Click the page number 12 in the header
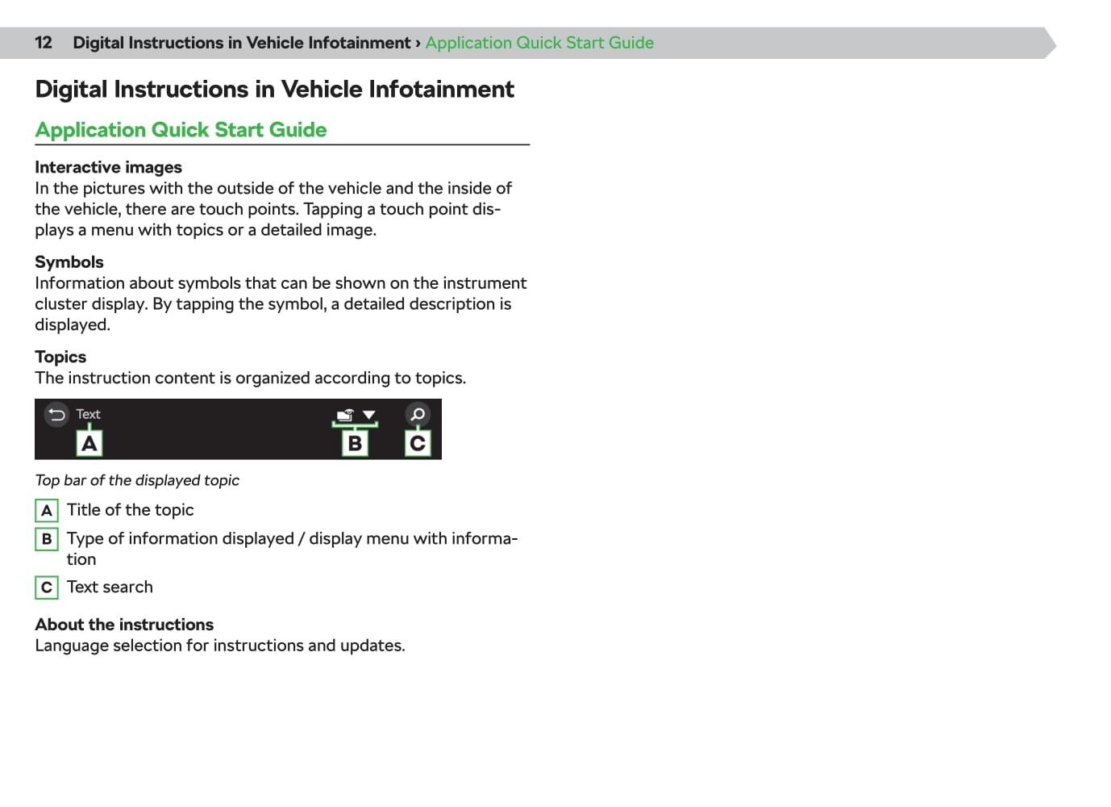(x=44, y=43)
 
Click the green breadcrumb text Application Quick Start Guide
(x=539, y=43)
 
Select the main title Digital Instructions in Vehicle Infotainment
(x=274, y=89)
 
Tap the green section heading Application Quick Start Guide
(x=181, y=130)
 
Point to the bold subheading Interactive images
(x=108, y=167)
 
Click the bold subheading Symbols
(x=69, y=261)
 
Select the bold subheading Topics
(x=60, y=357)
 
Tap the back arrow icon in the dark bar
(x=56, y=415)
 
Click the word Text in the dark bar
(x=88, y=414)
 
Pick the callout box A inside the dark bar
(x=89, y=443)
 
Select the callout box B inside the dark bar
(x=355, y=443)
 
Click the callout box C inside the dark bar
(x=417, y=443)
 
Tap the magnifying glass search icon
(x=417, y=415)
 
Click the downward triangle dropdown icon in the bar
(x=369, y=415)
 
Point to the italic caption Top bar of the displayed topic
(x=137, y=480)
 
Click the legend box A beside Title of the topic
(x=47, y=511)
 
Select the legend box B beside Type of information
(x=47, y=539)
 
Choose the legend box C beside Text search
(x=47, y=587)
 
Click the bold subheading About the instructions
(x=124, y=625)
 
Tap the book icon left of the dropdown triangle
(x=345, y=415)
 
